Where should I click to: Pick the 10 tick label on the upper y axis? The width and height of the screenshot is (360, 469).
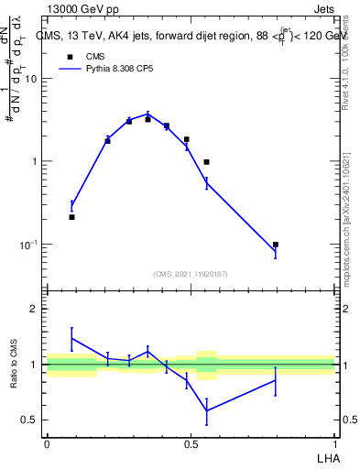pyautogui.click(x=30, y=79)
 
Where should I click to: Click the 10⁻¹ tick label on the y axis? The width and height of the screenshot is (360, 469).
pyautogui.click(x=28, y=245)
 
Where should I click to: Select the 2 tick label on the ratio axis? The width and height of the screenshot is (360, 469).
pyautogui.click(x=34, y=309)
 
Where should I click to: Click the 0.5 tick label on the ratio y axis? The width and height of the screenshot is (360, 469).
pyautogui.click(x=30, y=420)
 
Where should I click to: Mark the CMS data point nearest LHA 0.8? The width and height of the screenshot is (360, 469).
pyautogui.click(x=275, y=245)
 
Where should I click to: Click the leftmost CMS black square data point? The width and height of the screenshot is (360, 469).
pyautogui.click(x=71, y=217)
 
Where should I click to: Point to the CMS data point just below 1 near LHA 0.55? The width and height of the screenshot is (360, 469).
pyautogui.click(x=206, y=162)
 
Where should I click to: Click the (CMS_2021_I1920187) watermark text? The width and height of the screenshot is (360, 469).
pyautogui.click(x=191, y=273)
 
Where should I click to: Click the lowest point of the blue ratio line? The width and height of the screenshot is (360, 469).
pyautogui.click(x=206, y=410)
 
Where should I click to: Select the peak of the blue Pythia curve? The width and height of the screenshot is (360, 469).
pyautogui.click(x=147, y=115)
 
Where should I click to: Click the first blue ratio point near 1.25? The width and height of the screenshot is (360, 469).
pyautogui.click(x=71, y=338)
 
